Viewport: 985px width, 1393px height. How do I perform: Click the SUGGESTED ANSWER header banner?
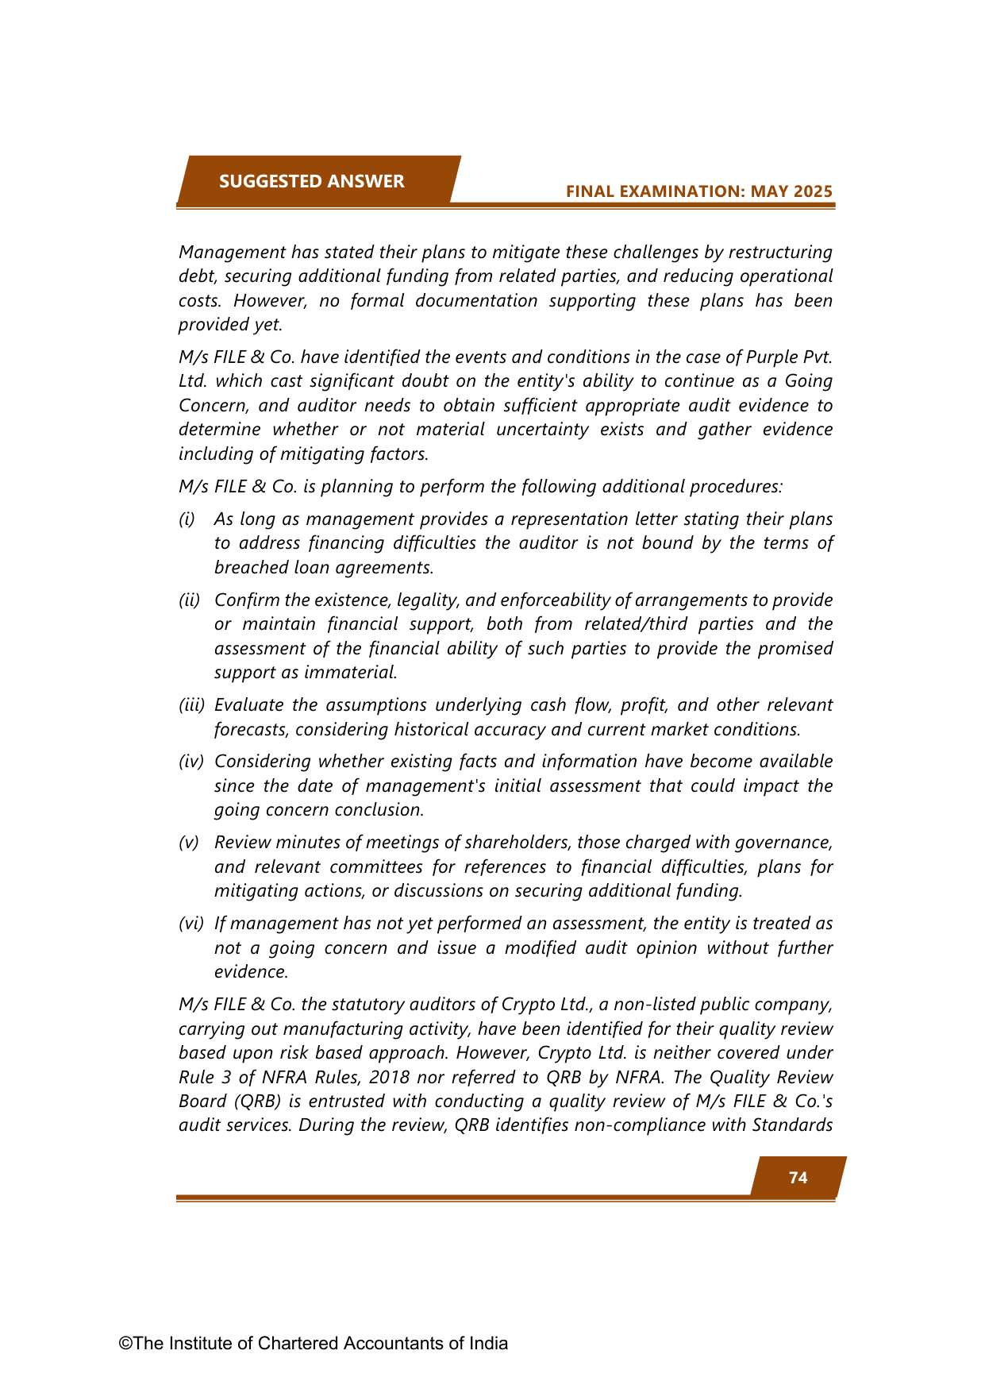coord(312,181)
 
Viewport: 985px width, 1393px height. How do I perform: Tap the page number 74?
coord(798,1178)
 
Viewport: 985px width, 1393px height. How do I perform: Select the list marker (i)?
coord(187,519)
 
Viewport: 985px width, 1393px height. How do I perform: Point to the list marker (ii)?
coord(189,600)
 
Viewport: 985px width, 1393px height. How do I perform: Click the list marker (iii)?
coord(191,705)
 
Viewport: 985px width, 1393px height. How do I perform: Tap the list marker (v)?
coord(189,843)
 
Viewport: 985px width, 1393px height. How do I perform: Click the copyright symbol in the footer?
coord(125,1344)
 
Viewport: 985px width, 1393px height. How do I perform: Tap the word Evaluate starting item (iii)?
coord(249,705)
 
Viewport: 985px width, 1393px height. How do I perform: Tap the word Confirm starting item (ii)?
coord(246,600)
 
